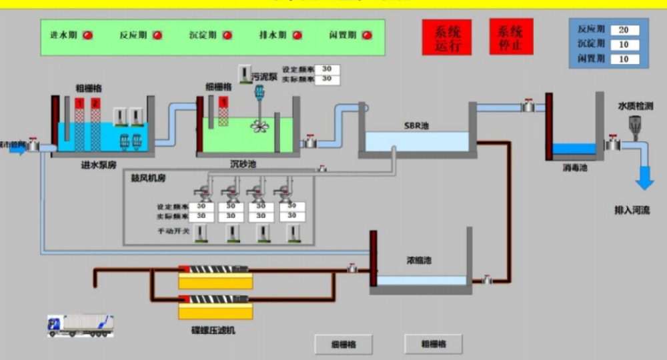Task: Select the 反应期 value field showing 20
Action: pyautogui.click(x=624, y=30)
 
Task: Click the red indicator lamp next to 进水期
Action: pyautogui.click(x=87, y=35)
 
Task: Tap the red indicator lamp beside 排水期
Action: pyautogui.click(x=297, y=35)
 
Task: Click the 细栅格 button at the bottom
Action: pyautogui.click(x=344, y=344)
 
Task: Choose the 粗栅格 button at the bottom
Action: pyautogui.click(x=433, y=344)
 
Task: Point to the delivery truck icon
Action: pyautogui.click(x=80, y=325)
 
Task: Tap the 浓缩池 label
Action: pyautogui.click(x=418, y=260)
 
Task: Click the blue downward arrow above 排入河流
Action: pyautogui.click(x=644, y=177)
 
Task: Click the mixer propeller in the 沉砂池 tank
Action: pyautogui.click(x=259, y=125)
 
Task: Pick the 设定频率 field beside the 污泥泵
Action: pyautogui.click(x=327, y=69)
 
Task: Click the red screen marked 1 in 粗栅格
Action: pyautogui.click(x=79, y=103)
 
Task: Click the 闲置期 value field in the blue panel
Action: pyautogui.click(x=624, y=59)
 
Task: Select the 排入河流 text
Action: pyautogui.click(x=631, y=210)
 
